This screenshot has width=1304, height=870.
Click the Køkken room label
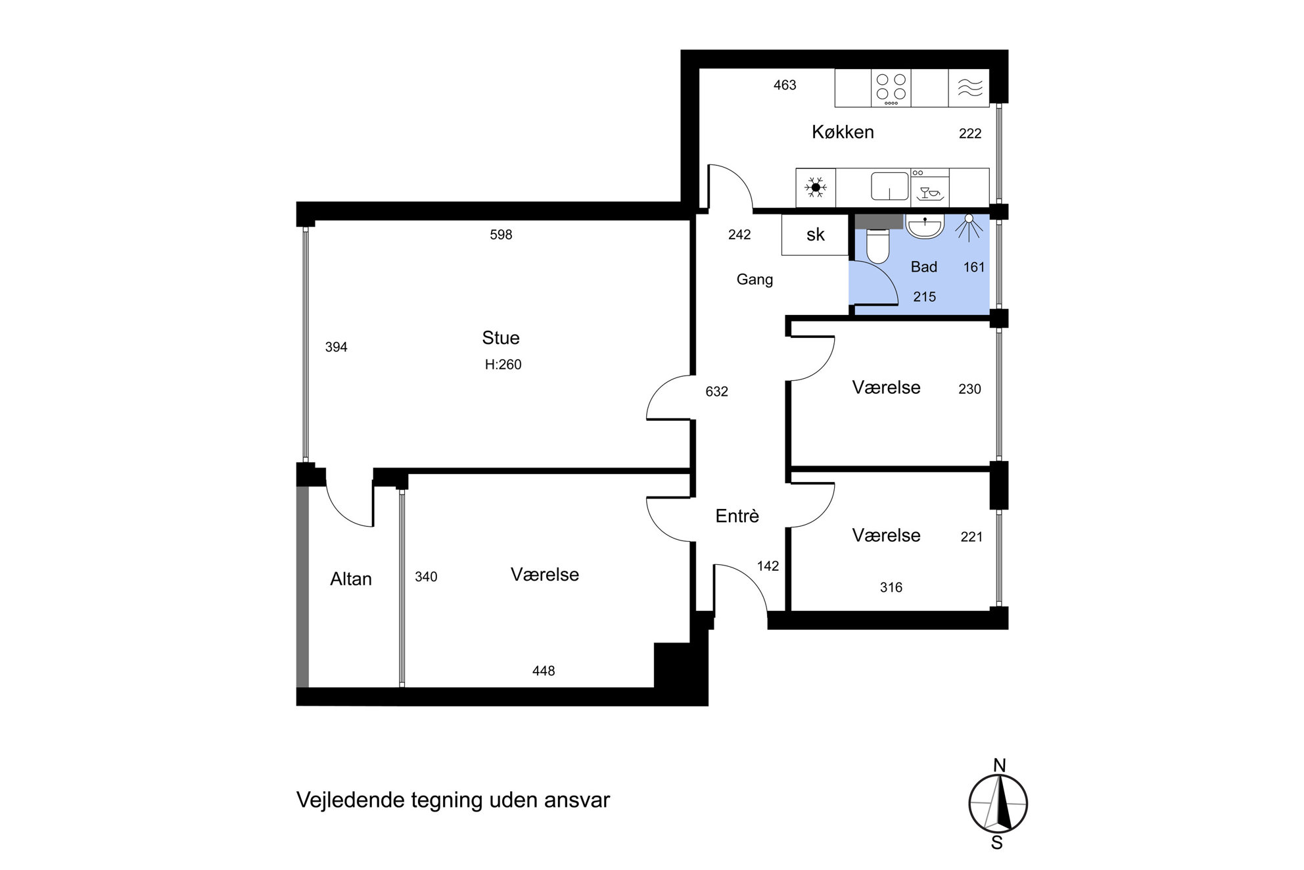click(843, 132)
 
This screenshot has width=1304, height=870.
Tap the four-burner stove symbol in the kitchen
click(891, 88)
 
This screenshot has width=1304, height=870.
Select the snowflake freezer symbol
click(816, 187)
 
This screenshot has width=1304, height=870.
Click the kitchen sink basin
click(890, 186)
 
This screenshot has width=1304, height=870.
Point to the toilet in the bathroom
click(877, 245)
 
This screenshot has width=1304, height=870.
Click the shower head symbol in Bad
click(969, 227)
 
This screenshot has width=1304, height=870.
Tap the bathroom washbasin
click(925, 226)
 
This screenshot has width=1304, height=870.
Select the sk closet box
click(815, 235)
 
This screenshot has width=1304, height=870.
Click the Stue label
click(501, 338)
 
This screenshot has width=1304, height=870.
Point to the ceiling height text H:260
click(503, 364)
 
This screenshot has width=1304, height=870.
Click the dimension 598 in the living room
click(501, 235)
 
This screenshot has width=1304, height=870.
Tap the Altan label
click(351, 579)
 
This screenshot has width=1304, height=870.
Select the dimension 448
click(544, 671)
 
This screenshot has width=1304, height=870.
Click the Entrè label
click(737, 516)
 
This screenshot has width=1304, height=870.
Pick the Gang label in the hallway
click(755, 279)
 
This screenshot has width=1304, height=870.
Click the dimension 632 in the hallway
click(716, 392)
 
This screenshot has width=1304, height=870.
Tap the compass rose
click(998, 803)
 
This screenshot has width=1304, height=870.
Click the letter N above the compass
click(1000, 765)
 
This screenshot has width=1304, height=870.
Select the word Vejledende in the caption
click(350, 800)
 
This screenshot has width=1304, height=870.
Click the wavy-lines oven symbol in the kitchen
click(969, 88)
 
